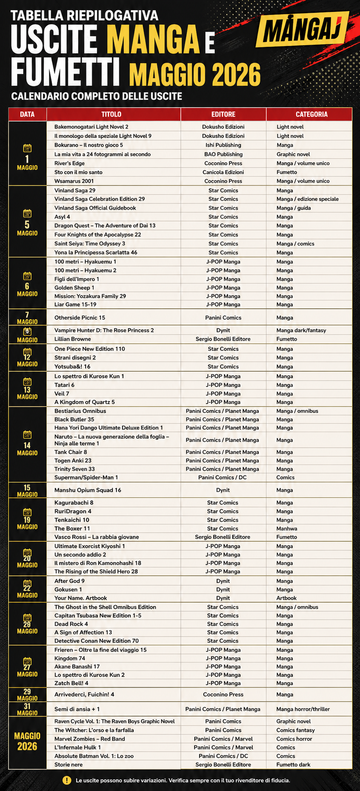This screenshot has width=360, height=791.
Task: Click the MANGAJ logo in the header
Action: coord(303,30)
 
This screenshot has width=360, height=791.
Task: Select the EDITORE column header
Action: coord(223,114)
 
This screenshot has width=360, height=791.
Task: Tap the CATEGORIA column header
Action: coord(311,114)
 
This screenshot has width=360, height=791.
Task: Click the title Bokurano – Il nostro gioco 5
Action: coord(89,145)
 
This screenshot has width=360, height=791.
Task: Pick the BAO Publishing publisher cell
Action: coord(223,154)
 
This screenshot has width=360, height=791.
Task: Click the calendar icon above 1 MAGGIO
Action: coord(27,148)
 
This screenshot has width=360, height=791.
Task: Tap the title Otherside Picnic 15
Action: coord(80,318)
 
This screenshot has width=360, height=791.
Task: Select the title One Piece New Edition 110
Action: coord(90,349)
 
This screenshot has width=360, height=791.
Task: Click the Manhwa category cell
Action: coord(287,529)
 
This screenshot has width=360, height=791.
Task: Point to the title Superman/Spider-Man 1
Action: coord(86,478)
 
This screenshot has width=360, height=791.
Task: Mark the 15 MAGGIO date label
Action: coord(27,490)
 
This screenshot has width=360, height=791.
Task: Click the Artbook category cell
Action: coord(286,598)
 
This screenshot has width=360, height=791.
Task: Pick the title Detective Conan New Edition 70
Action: coord(97,641)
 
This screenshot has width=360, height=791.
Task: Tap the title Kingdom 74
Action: coord(70,658)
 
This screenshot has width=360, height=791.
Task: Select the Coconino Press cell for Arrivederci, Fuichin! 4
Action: coord(223,694)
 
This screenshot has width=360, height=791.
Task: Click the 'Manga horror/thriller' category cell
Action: coord(303,709)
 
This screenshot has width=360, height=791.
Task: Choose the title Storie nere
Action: coord(69,765)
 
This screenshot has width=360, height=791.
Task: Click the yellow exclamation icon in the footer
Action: coord(67,780)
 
